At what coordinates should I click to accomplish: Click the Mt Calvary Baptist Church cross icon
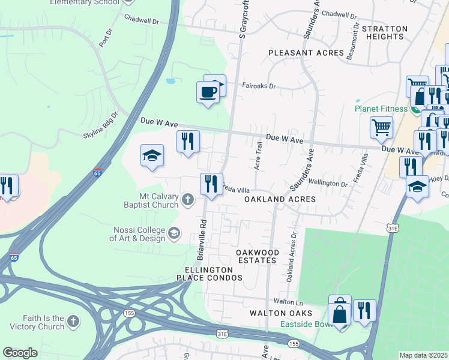point(188,199)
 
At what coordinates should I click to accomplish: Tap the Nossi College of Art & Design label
point(139,233)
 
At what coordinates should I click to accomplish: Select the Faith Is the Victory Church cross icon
point(73,322)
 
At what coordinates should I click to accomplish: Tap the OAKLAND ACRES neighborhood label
point(280,199)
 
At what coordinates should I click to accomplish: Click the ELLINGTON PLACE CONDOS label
point(209,274)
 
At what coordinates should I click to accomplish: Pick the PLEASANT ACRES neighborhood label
point(306,53)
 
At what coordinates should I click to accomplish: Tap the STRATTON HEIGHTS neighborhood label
point(385,32)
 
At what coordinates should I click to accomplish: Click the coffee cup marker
point(208,92)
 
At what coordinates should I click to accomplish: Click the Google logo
point(20,353)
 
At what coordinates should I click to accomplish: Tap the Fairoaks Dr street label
point(259,86)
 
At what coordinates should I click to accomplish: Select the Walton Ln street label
point(286,301)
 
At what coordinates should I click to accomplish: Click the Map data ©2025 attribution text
point(423,355)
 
